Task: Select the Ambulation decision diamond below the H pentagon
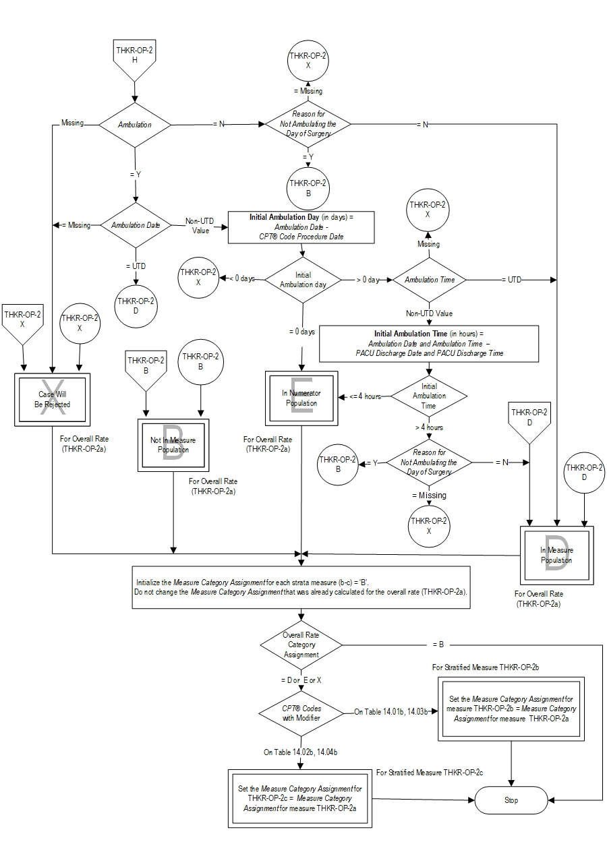[x=135, y=125]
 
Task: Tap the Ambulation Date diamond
[x=136, y=225]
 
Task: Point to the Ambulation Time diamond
[x=429, y=280]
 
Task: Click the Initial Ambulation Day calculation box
[x=301, y=227]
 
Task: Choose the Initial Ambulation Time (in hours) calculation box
[x=429, y=343]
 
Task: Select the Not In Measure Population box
[x=173, y=444]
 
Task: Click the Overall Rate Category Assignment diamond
[x=301, y=645]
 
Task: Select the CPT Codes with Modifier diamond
[x=301, y=713]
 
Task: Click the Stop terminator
[x=511, y=801]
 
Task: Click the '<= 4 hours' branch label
[x=365, y=396]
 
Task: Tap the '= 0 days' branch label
[x=301, y=332]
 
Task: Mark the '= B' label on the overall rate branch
[x=438, y=644]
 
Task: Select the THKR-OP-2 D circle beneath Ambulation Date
[x=136, y=305]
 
